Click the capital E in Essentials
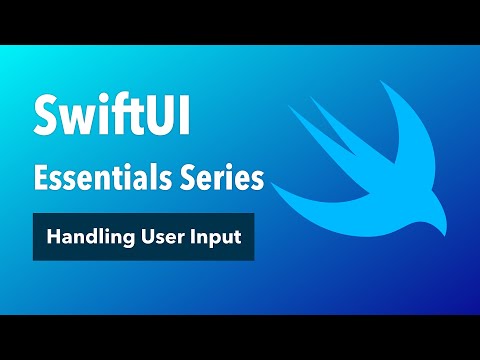[x=41, y=179]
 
